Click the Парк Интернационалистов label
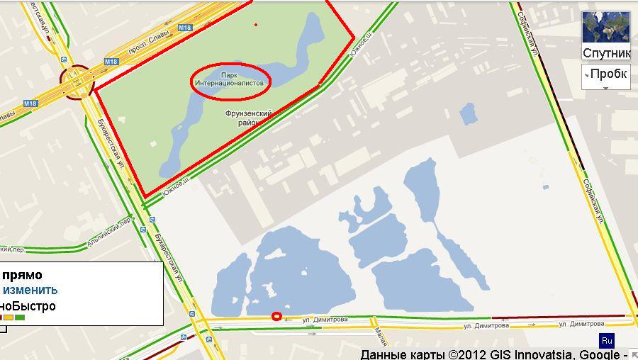231,79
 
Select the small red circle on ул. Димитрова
276,317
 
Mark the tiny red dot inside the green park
256,25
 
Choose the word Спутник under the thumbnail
606,54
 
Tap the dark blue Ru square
607,340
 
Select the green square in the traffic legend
20,317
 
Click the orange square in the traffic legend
9,317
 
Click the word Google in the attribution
599,354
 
